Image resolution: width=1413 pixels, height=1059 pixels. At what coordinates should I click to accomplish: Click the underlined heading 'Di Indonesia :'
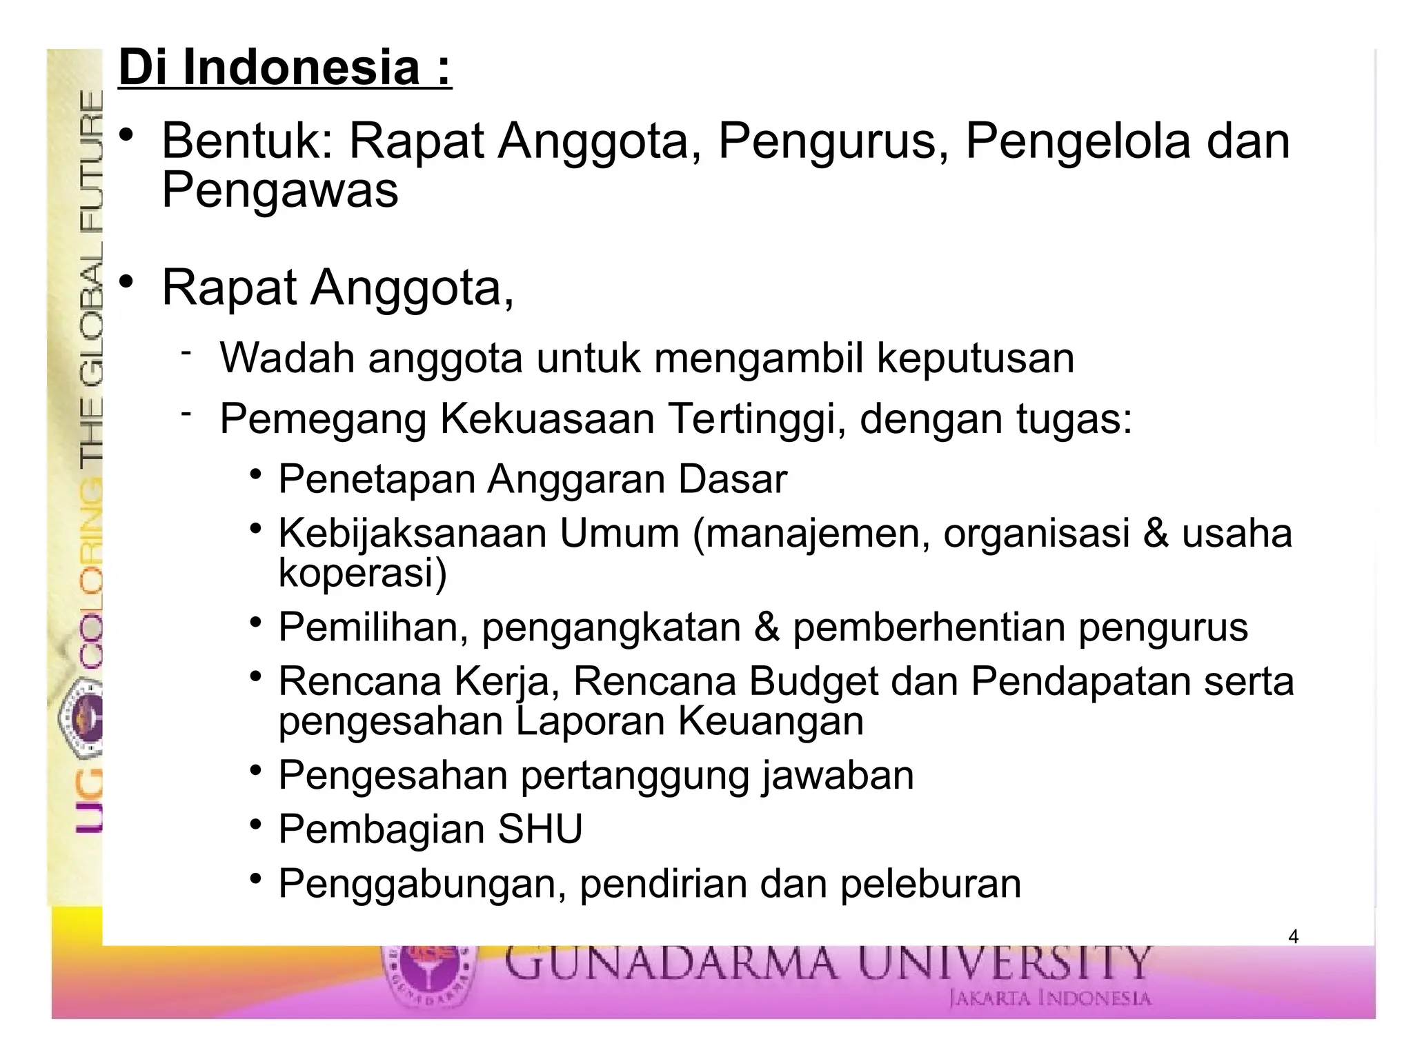click(285, 68)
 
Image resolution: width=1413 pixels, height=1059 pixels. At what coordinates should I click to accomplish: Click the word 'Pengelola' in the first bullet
click(1078, 141)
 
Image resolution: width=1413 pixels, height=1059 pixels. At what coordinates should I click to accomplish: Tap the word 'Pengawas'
click(280, 190)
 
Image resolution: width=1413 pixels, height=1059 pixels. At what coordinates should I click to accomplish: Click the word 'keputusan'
click(975, 359)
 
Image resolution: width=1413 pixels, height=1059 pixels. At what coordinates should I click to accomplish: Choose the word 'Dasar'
click(732, 479)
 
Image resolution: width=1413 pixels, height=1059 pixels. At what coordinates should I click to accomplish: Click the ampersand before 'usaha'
click(1155, 534)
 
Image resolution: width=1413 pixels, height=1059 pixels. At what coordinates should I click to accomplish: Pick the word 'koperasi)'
click(363, 572)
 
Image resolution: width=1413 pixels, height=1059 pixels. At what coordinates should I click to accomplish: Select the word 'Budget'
click(813, 682)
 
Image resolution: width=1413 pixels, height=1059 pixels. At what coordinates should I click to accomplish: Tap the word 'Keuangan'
click(770, 721)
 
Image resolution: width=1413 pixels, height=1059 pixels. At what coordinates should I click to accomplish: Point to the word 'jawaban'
click(838, 775)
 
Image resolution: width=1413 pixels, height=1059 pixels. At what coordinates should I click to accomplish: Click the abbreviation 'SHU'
click(540, 829)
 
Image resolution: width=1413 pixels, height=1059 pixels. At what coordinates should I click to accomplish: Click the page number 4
click(1293, 937)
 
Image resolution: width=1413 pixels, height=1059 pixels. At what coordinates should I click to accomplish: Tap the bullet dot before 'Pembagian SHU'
click(256, 825)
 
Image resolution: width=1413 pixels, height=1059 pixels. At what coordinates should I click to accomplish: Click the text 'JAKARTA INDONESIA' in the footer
click(1050, 998)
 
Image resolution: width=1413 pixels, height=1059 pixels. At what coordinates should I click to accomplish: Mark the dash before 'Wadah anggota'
click(186, 353)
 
